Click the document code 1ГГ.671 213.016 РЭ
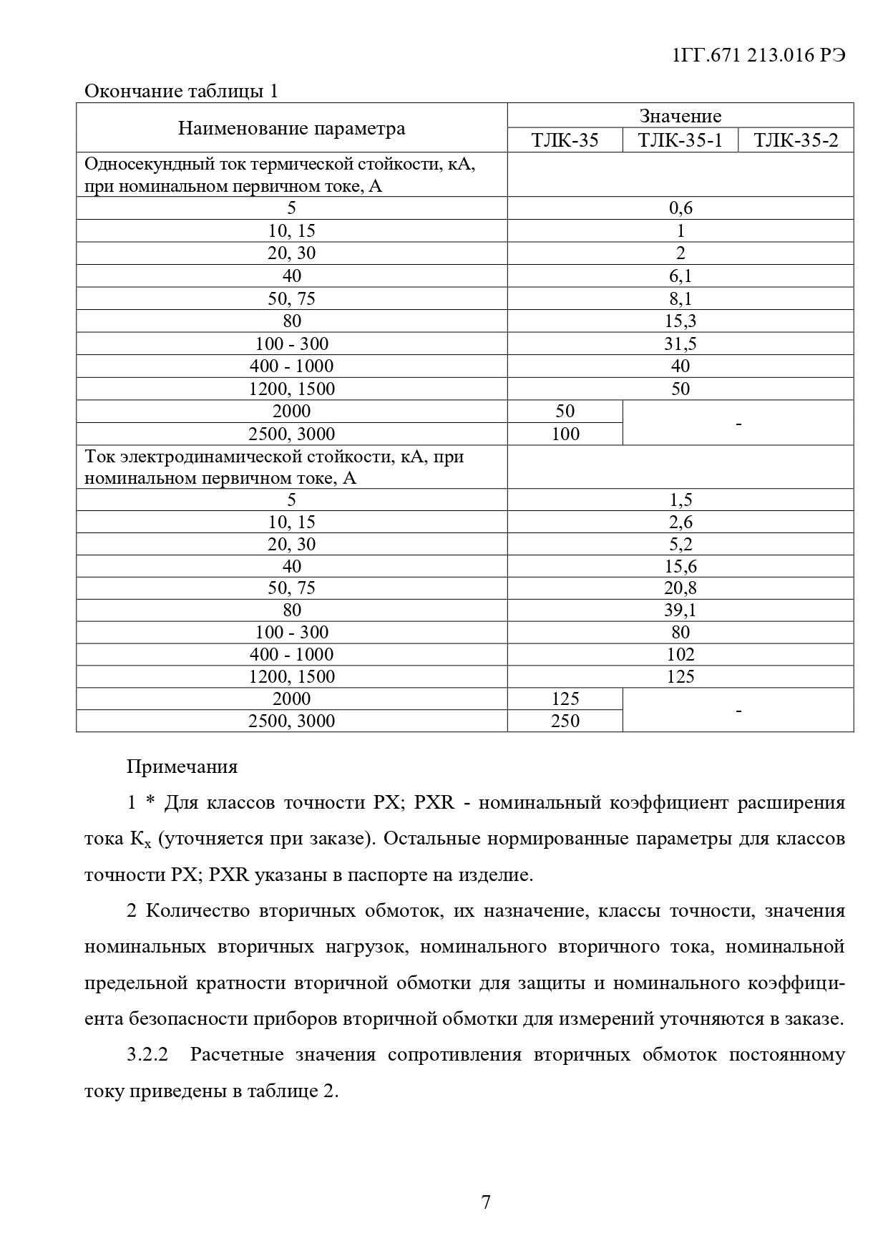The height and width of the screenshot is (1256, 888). point(759,56)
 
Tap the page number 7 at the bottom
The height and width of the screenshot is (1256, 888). point(486,1201)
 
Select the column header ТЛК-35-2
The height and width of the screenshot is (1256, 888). point(795,140)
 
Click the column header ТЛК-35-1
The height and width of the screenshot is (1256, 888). point(680,140)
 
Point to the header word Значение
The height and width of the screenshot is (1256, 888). point(680,116)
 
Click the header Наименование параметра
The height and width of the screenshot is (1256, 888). point(291,128)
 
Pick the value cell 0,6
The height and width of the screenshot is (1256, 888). point(680,208)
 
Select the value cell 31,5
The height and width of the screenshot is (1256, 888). point(680,344)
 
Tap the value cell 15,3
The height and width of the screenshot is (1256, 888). point(680,321)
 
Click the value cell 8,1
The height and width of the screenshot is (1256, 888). point(680,298)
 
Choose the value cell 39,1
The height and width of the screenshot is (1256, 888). point(680,610)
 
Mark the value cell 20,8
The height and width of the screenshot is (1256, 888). point(680,588)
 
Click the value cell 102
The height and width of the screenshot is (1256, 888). point(680,654)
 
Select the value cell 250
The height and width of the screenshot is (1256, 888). point(565,721)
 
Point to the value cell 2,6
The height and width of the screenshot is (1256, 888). point(680,522)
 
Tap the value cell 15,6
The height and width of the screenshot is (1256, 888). point(680,566)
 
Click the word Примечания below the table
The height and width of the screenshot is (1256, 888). point(182,767)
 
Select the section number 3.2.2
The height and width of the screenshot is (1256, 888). point(147,1055)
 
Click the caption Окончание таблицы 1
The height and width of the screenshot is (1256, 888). point(181,92)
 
